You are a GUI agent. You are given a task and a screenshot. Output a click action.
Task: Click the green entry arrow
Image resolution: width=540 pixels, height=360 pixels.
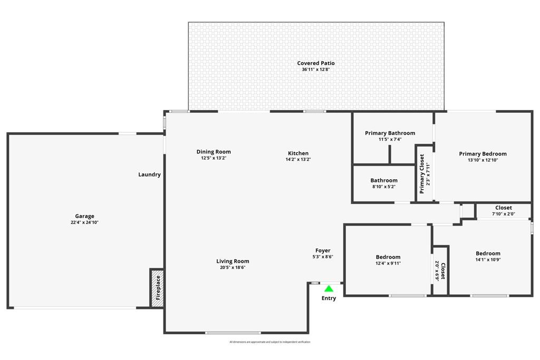click(x=329, y=288)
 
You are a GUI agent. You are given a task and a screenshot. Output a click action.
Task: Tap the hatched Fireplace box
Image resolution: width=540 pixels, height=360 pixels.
click(x=157, y=288)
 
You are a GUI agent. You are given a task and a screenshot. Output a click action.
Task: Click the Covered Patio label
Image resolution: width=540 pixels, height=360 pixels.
click(x=316, y=63)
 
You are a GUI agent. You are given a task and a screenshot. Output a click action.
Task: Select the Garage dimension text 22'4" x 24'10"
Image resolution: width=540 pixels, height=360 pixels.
click(x=84, y=222)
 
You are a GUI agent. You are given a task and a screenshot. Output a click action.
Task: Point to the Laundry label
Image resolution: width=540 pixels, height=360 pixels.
click(x=149, y=174)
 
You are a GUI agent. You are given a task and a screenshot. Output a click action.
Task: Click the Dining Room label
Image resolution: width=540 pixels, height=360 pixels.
click(x=214, y=152)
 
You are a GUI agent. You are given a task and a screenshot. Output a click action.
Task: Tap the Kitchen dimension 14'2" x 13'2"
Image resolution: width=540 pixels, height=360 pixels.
click(x=298, y=159)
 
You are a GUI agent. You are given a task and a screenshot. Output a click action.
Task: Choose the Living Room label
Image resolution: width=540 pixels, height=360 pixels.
click(x=233, y=261)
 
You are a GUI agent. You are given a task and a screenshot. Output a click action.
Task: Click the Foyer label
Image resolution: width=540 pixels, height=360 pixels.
click(x=323, y=250)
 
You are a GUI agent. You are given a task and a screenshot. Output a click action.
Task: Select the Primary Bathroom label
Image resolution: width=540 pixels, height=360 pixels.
click(x=390, y=133)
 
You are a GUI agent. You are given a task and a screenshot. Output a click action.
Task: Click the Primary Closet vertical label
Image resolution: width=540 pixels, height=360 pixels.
click(x=422, y=174)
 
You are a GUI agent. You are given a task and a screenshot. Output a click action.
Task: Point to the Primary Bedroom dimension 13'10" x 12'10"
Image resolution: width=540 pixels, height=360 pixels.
click(x=483, y=160)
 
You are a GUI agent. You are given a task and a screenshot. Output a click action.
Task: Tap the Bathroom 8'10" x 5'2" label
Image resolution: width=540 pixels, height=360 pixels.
click(x=384, y=180)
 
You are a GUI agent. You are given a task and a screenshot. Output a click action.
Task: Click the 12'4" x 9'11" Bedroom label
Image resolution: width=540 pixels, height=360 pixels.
click(x=388, y=257)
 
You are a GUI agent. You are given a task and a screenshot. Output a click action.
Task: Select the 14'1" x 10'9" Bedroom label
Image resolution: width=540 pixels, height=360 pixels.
click(x=488, y=254)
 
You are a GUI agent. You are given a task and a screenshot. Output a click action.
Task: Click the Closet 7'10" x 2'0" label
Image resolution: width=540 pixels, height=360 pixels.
click(x=503, y=208)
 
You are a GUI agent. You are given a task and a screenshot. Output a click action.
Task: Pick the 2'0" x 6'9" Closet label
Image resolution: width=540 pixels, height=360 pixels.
click(x=442, y=271)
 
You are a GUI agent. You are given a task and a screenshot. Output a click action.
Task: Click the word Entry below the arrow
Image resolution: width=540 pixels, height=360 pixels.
click(x=329, y=298)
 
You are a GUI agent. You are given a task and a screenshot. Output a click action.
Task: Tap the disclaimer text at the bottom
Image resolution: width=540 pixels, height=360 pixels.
click(x=270, y=342)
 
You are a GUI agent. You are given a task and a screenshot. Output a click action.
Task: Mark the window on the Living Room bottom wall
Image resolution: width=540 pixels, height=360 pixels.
click(x=233, y=333)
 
